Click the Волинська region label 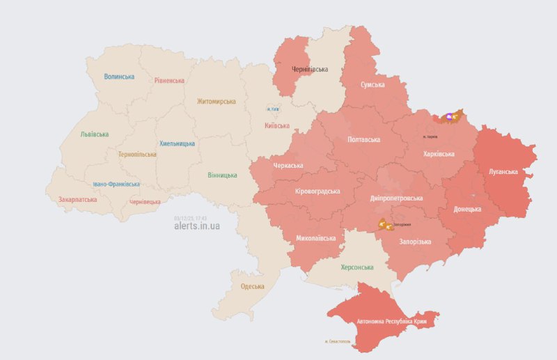click(119, 77)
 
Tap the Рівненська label click(169, 80)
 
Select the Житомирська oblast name click(216, 101)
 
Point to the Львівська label click(94, 134)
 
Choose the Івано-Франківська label click(116, 185)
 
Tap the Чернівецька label click(145, 202)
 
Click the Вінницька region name click(222, 175)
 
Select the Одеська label click(253, 286)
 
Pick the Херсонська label click(357, 267)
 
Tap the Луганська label click(503, 171)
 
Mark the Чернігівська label click(310, 70)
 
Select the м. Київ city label click(273, 109)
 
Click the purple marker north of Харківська click(449, 117)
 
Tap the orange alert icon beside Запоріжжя click(384, 224)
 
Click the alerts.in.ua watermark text click(197, 226)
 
